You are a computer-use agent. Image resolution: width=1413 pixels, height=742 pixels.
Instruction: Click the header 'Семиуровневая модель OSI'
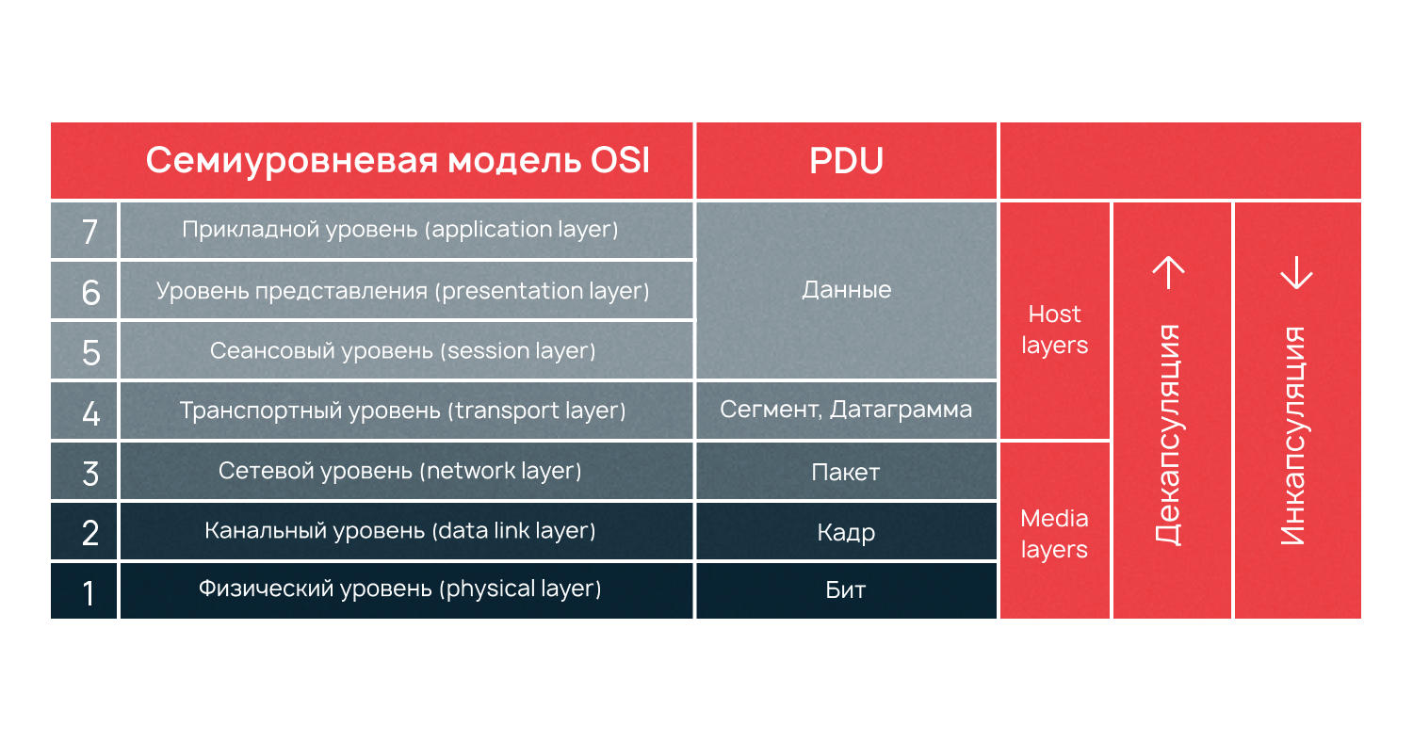pos(398,161)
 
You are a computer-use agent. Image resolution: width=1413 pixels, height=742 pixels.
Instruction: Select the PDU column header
pos(846,161)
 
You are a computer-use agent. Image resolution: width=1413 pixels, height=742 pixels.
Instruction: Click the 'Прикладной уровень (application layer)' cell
pos(400,230)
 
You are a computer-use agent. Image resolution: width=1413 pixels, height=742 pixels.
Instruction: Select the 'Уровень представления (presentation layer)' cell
pos(403,291)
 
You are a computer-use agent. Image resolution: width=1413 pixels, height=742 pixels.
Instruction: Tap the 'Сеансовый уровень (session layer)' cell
pos(403,351)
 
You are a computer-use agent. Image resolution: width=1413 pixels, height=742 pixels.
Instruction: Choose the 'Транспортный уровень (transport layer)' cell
pos(403,411)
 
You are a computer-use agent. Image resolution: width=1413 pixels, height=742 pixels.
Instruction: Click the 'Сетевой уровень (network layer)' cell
pos(400,470)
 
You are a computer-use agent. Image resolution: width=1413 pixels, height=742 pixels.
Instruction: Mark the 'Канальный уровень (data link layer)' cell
pos(400,531)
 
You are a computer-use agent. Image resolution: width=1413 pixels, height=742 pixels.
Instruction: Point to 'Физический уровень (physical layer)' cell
pos(400,589)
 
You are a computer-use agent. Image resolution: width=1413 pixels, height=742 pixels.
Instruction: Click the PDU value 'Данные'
pos(846,290)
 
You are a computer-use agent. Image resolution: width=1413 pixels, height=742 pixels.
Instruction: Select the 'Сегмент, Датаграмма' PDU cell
pos(846,411)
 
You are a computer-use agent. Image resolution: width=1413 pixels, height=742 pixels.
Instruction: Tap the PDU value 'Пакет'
pos(846,472)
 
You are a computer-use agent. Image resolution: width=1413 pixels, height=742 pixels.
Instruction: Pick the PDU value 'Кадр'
pos(846,533)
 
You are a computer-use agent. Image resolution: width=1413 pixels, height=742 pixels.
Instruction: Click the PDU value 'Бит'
pos(846,591)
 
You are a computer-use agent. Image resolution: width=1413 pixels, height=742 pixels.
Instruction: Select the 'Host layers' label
pos(1055,330)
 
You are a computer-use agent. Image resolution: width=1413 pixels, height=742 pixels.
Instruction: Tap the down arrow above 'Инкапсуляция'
pos(1296,273)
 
